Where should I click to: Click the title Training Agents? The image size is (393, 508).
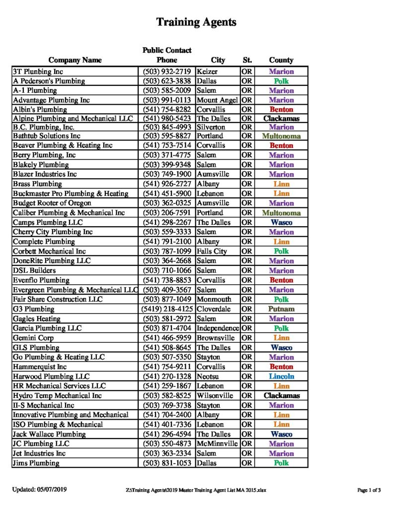point(196,22)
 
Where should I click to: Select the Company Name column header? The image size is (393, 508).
point(75,60)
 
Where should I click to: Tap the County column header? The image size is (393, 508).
point(281,60)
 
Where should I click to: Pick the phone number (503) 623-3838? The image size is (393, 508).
point(167,81)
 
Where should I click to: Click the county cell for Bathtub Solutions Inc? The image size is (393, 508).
point(281,136)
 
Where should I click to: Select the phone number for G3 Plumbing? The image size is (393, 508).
point(167,309)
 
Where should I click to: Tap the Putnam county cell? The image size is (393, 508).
point(281,309)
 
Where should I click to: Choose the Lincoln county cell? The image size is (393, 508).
point(281,377)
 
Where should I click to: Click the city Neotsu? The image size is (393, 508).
point(209,377)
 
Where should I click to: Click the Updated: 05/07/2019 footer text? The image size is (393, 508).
point(40,490)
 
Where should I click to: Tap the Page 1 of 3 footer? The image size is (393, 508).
point(369,490)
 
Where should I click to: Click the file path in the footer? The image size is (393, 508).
point(196,490)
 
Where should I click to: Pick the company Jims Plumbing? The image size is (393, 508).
point(36,463)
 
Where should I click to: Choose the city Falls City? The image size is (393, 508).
point(212,252)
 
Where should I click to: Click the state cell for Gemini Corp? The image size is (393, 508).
point(247,338)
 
